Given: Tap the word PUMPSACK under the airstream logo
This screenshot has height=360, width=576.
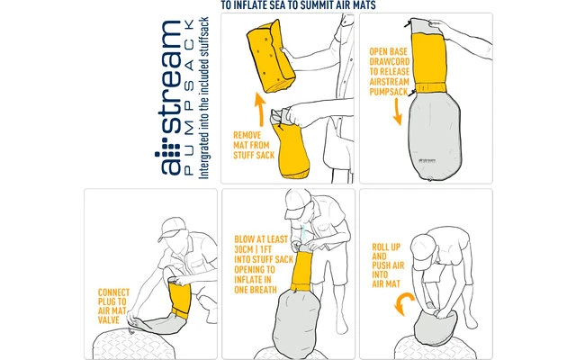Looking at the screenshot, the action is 188,97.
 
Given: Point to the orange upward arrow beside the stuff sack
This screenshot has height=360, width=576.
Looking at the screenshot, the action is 260,110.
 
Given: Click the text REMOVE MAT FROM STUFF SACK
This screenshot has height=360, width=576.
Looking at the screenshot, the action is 254,145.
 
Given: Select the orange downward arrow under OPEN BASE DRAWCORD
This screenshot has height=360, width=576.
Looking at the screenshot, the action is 397,112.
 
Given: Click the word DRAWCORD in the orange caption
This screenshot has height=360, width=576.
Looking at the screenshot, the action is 390,62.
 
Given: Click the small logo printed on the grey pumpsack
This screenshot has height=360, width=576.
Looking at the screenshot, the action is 427,160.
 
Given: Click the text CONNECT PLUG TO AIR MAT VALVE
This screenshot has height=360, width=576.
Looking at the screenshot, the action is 113,306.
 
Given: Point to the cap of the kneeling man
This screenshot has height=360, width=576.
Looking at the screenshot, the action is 172,228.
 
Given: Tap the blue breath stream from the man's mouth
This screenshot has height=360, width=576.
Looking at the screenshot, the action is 304,234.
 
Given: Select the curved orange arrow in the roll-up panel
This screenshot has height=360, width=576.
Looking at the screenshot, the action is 402,302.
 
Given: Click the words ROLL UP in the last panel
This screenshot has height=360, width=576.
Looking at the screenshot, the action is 386,247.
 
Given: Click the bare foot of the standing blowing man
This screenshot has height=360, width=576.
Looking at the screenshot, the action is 341,324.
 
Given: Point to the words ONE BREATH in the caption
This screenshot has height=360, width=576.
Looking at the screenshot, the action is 256,290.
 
